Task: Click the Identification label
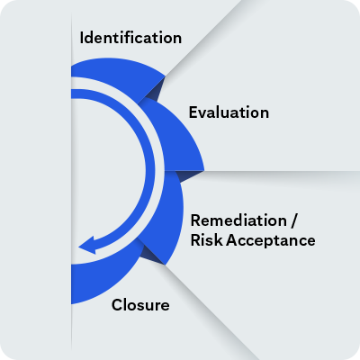click(x=130, y=38)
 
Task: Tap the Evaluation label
click(x=229, y=112)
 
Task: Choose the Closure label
click(x=139, y=305)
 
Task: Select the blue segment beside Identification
click(x=117, y=72)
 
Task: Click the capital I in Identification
click(x=82, y=38)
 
